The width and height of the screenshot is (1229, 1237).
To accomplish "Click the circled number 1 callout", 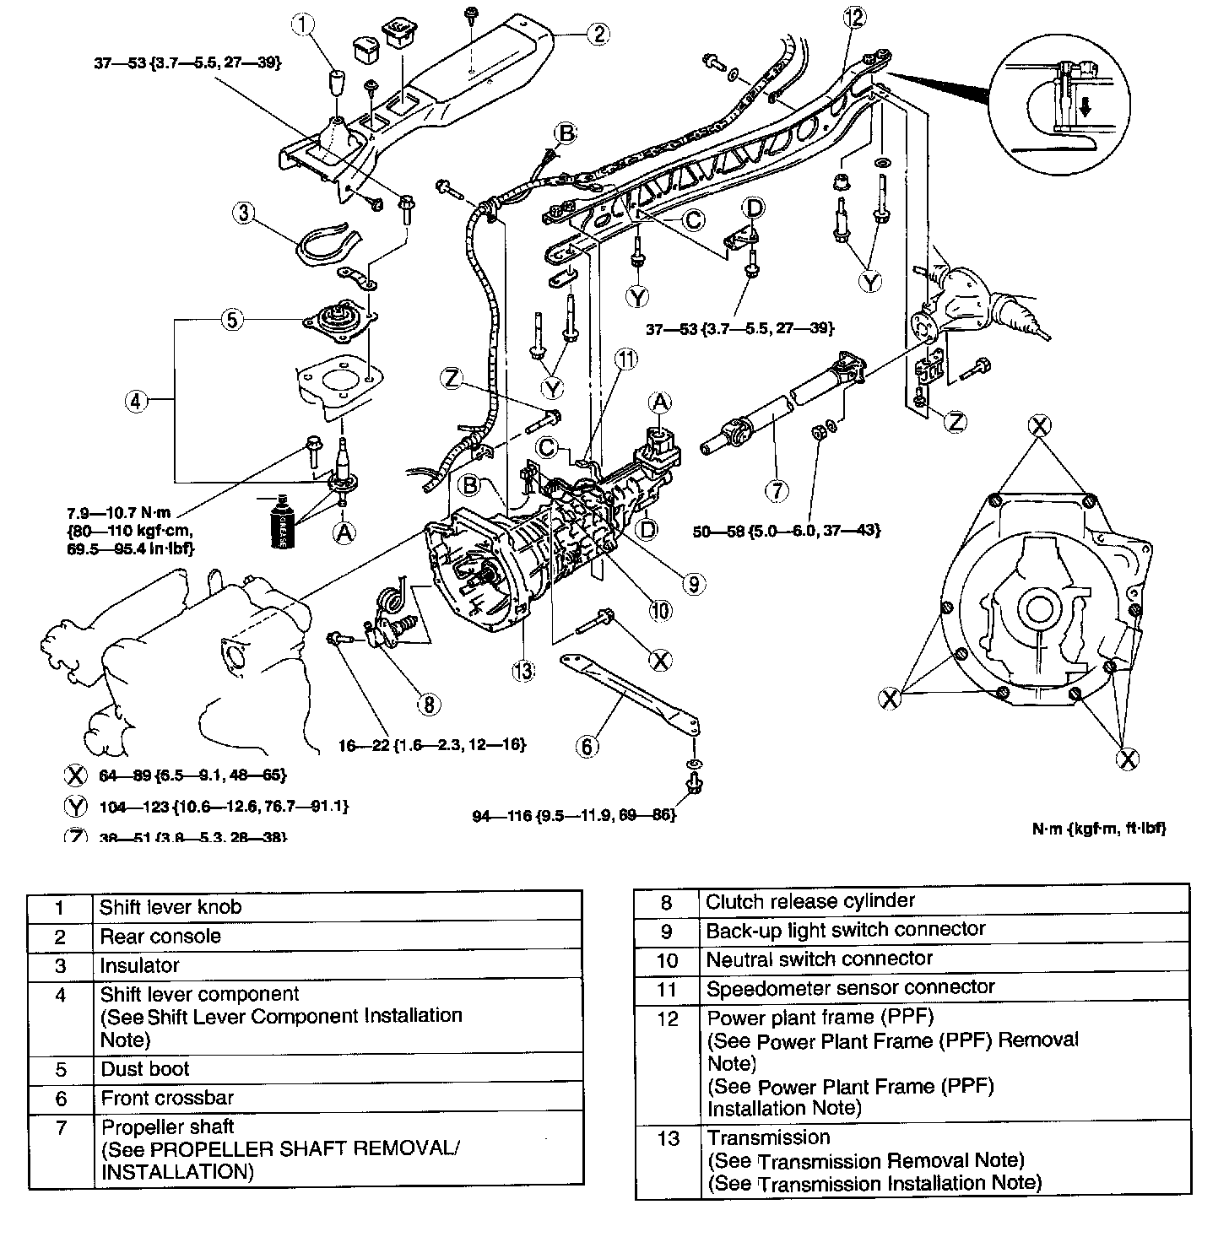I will click(x=303, y=25).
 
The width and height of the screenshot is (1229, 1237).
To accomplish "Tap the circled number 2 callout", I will click(x=598, y=34).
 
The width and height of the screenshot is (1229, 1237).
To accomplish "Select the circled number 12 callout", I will click(x=853, y=17).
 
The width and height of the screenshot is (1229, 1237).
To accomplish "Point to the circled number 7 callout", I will click(x=776, y=490).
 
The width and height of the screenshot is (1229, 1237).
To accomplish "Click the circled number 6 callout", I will click(x=587, y=745).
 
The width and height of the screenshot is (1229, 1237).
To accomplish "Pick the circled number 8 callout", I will click(x=428, y=703).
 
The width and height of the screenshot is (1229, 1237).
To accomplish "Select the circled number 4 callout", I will click(x=135, y=402).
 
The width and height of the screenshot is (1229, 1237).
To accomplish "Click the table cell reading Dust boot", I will click(x=145, y=1068).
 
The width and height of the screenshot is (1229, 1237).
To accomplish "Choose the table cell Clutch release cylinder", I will click(x=810, y=900).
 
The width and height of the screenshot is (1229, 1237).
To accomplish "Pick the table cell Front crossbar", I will click(x=167, y=1098).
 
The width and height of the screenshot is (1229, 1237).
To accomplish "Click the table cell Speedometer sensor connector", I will click(x=850, y=986).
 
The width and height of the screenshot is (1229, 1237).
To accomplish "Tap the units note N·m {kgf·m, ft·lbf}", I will click(x=1099, y=828).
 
